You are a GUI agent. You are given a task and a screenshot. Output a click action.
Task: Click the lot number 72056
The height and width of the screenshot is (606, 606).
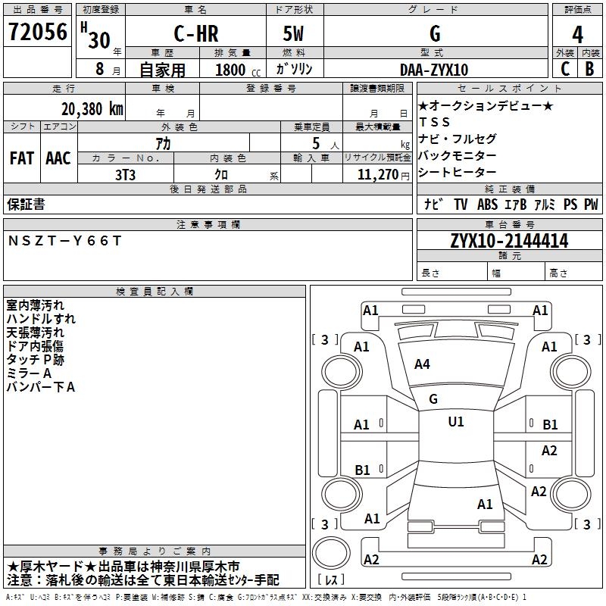click(37, 32)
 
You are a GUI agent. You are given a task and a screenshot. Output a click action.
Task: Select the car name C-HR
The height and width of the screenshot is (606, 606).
click(196, 33)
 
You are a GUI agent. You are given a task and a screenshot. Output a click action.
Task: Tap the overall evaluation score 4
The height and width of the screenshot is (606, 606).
click(577, 35)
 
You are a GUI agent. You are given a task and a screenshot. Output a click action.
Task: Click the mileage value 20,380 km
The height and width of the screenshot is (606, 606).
click(92, 109)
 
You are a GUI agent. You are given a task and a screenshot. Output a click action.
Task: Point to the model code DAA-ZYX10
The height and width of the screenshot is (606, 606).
click(434, 70)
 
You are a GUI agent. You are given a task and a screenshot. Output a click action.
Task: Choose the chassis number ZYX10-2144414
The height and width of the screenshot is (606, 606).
click(509, 241)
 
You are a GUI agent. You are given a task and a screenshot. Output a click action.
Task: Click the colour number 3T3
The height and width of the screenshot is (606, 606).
click(125, 175)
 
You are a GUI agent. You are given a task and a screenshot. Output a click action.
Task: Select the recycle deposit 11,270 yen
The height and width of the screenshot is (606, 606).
click(383, 175)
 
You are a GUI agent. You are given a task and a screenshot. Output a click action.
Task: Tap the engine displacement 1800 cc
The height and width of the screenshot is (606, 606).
click(238, 70)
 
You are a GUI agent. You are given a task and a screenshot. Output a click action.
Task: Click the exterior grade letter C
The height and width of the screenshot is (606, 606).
click(565, 69)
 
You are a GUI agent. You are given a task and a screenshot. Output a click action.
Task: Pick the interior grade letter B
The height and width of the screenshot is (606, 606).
click(590, 69)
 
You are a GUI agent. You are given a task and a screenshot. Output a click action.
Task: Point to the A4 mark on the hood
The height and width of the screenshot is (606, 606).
click(422, 364)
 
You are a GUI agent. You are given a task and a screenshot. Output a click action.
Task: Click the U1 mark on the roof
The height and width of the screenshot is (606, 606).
click(456, 422)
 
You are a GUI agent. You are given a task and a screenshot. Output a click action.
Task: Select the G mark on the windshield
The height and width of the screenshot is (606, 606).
click(433, 399)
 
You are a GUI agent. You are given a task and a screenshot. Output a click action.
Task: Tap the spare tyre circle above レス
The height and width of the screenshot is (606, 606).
click(331, 553)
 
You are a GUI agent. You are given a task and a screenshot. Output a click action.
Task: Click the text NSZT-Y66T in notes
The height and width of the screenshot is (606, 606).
click(64, 241)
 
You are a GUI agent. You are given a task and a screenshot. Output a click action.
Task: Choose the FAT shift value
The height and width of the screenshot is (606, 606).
click(22, 158)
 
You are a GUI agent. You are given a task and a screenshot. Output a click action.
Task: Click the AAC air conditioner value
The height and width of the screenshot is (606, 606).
click(58, 158)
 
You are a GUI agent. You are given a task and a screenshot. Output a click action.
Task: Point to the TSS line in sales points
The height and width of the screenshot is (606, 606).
click(434, 122)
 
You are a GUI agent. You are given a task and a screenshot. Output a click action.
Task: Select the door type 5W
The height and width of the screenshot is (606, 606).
click(294, 33)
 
